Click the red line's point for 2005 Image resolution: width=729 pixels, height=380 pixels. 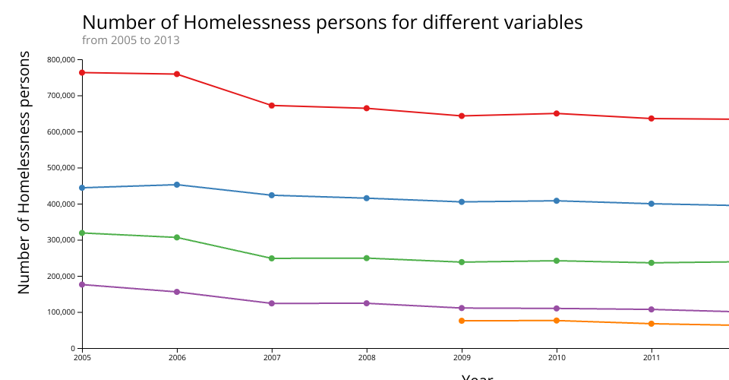click(82, 73)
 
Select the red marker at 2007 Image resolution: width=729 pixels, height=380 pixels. click(272, 106)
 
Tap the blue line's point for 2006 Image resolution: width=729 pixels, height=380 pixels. click(177, 185)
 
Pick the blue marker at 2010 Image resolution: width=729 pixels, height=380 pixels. click(557, 201)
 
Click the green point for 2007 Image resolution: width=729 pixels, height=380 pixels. click(272, 258)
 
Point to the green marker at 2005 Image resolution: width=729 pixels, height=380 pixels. click(82, 233)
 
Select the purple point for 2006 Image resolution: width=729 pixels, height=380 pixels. click(177, 292)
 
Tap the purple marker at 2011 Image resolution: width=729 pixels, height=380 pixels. click(652, 309)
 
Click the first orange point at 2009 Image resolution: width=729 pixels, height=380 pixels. click(462, 321)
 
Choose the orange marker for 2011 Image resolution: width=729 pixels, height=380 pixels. click(652, 324)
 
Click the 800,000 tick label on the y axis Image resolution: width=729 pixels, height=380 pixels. click(60, 60)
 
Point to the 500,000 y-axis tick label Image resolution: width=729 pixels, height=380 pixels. click(60, 168)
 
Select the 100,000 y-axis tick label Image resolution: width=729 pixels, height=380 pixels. click(60, 312)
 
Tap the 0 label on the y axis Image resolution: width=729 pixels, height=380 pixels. click(71, 348)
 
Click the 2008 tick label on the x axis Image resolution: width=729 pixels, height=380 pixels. click(367, 356)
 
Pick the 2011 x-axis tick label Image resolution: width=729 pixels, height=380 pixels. click(652, 356)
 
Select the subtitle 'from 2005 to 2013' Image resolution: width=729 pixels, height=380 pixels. click(131, 40)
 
